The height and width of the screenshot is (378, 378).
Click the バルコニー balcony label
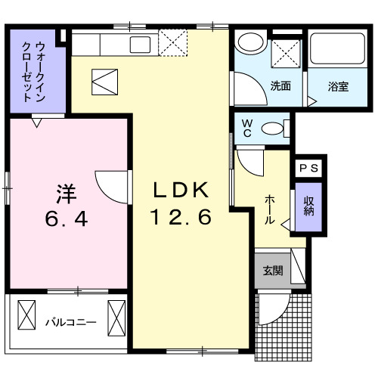point(70,322)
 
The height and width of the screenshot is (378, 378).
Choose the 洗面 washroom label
point(280,85)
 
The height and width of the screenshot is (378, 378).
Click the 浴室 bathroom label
point(338,85)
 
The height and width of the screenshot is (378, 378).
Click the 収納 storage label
point(309,206)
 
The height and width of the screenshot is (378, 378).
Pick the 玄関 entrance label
point(272,271)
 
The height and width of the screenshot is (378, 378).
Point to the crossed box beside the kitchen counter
point(173,43)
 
